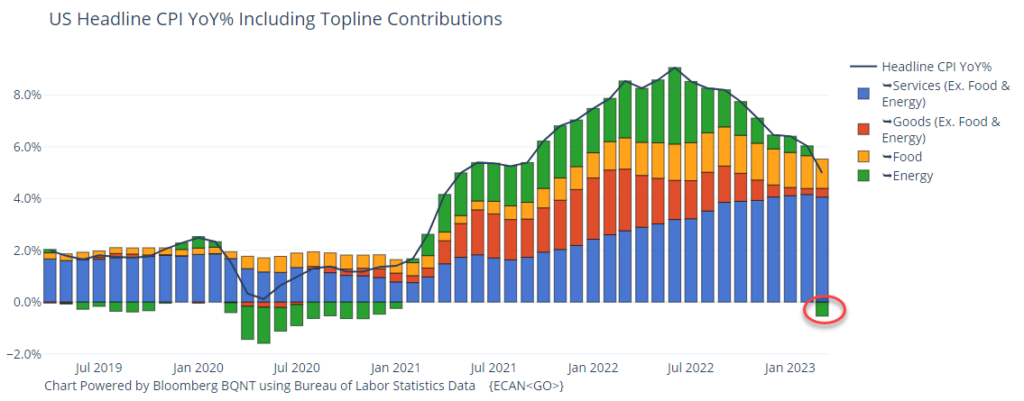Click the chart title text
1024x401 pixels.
tap(275, 19)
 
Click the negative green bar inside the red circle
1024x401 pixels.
tap(821, 309)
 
